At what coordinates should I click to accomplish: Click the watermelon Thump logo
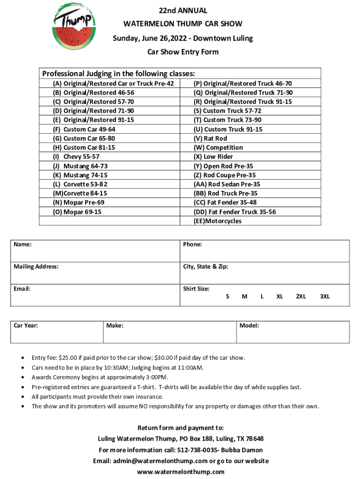tap(74, 28)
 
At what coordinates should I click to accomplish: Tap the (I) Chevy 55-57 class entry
tap(76, 157)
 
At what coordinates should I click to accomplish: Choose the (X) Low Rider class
tap(213, 157)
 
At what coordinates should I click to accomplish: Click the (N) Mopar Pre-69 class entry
tap(79, 203)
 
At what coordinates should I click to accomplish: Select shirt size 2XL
tap(301, 297)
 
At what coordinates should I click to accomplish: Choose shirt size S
tap(228, 297)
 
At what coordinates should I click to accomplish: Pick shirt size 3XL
tap(324, 297)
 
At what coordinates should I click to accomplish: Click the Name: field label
tap(23, 245)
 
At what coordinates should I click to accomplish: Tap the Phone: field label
tap(193, 245)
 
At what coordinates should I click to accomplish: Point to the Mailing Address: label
tap(36, 267)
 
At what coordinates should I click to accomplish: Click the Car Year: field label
tap(26, 326)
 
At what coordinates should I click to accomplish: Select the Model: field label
tap(249, 326)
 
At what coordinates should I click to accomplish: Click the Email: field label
tap(22, 289)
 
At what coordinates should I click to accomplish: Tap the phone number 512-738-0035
tap(200, 450)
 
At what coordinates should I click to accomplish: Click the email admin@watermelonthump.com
tap(157, 461)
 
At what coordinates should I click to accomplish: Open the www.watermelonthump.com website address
tap(180, 472)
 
